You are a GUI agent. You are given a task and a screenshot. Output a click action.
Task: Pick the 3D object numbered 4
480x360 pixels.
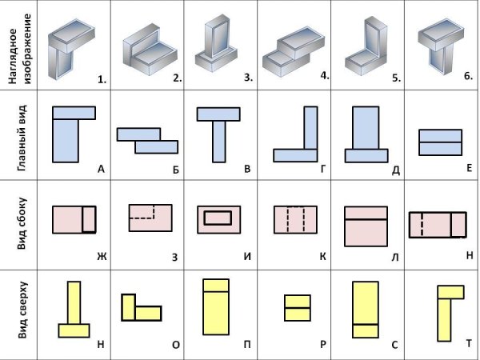[293, 48]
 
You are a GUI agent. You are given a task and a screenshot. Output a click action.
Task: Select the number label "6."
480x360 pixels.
[467, 77]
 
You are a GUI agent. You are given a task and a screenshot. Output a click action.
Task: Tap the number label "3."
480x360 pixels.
[247, 78]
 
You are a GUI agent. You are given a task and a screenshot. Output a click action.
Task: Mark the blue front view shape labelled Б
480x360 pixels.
[147, 141]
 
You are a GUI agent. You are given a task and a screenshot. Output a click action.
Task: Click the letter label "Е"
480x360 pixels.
[468, 168]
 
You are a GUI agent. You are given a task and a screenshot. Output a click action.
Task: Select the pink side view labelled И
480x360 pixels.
[219, 218]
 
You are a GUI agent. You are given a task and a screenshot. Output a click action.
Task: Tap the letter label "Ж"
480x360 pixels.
[101, 257]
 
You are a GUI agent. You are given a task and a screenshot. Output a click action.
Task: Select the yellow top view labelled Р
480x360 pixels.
[297, 307]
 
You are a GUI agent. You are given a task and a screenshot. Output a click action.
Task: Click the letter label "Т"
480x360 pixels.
[467, 345]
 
